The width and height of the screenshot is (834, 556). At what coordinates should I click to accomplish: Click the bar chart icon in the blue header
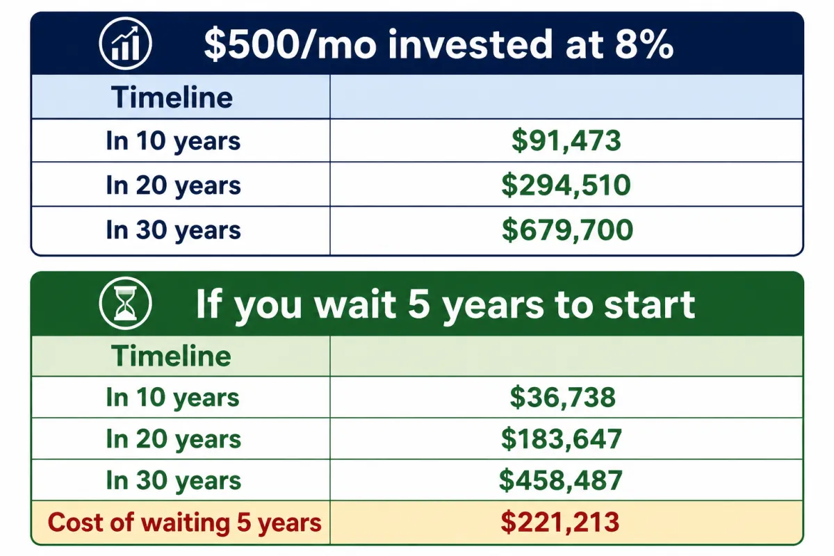(126, 44)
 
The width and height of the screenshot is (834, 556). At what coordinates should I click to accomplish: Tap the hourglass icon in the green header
(126, 303)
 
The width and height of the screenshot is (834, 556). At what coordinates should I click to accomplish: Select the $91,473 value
(566, 141)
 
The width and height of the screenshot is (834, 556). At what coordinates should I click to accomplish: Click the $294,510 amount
(566, 186)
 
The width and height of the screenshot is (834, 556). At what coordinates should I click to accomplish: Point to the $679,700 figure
(567, 230)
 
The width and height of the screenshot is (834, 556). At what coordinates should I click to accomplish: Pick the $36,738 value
(562, 398)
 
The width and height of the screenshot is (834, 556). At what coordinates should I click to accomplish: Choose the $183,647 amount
(562, 439)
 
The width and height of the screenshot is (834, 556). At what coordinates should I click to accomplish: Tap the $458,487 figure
(561, 480)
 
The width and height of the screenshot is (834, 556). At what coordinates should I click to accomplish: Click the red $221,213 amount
(560, 522)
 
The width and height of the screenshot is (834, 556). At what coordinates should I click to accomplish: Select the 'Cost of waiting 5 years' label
(185, 523)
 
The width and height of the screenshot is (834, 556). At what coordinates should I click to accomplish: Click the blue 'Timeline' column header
(172, 97)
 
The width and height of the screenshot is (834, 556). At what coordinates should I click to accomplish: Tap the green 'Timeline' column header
(171, 356)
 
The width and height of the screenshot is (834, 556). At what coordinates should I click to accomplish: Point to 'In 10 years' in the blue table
(173, 142)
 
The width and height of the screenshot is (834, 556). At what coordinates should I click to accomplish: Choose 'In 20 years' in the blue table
(173, 186)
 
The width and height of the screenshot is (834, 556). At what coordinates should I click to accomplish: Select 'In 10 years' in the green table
(172, 398)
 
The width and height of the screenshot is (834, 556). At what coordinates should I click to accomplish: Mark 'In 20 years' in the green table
(173, 439)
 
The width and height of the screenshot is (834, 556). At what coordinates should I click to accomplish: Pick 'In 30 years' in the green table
(173, 481)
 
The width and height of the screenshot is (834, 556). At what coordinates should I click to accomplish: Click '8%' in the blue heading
(644, 44)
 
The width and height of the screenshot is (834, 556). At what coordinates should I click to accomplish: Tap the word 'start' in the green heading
(649, 304)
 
